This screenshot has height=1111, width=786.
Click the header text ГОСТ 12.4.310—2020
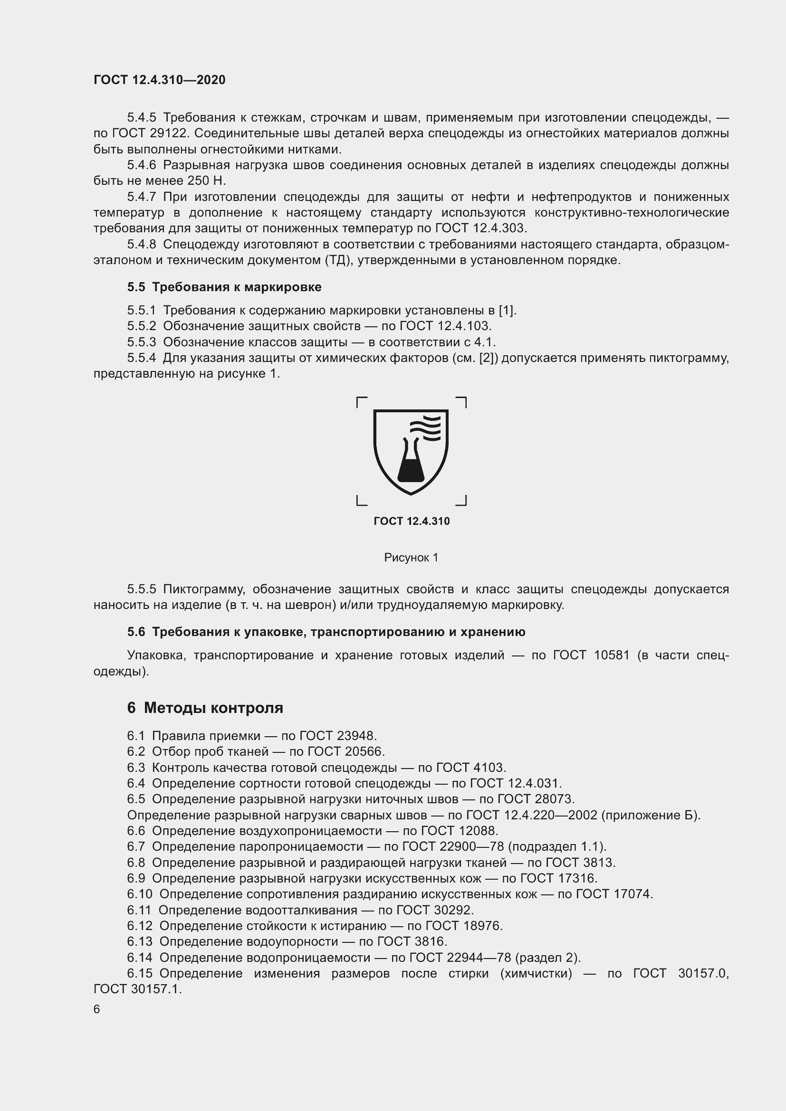tap(159, 80)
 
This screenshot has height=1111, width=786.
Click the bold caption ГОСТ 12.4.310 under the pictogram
tap(412, 521)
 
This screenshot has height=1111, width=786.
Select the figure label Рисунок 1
tap(411, 558)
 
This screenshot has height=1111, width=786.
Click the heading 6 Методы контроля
tap(205, 708)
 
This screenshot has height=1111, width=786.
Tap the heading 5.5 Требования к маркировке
tap(224, 287)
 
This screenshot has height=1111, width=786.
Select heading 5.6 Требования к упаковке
tap(326, 632)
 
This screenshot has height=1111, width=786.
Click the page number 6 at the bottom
tap(97, 1009)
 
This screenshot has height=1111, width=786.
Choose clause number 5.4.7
tap(141, 197)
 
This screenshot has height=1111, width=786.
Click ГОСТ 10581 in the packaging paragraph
tap(592, 655)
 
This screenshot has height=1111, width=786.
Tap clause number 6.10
tap(140, 894)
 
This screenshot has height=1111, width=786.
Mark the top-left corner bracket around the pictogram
tap(361, 402)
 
